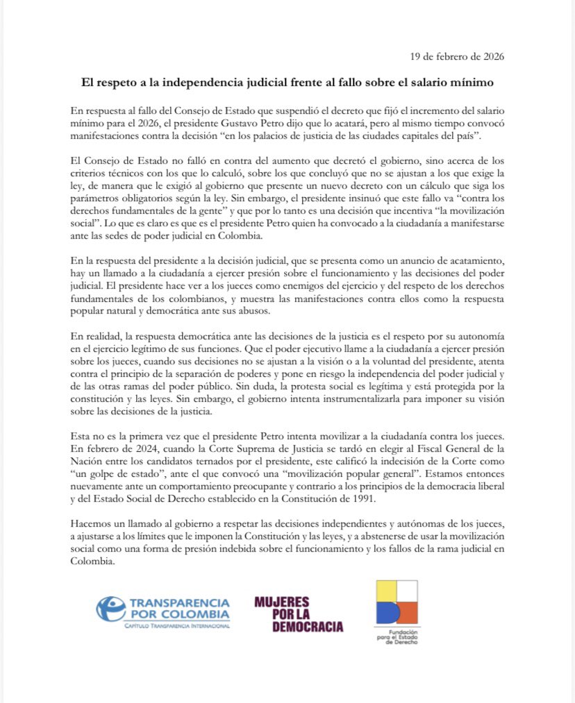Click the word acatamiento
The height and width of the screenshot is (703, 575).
point(472,259)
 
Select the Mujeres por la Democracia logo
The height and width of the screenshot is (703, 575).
point(298,614)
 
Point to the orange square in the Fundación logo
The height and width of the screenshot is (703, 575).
point(408,612)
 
